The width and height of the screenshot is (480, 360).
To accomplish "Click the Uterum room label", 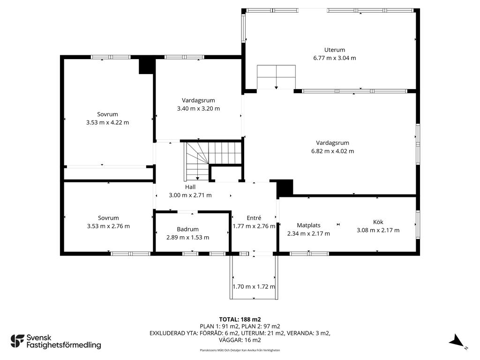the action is (335, 50).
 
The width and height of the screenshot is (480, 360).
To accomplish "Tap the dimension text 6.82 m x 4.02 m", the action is (332, 151).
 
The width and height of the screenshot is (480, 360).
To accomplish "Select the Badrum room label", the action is (187, 229).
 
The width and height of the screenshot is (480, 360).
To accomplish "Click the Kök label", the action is (378, 222).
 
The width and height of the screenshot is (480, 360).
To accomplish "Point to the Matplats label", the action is (308, 225).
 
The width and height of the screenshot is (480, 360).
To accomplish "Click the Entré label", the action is (254, 217).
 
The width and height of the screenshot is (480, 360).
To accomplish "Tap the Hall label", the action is (190, 187).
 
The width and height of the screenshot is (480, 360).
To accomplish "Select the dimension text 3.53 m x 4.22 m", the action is (107, 122).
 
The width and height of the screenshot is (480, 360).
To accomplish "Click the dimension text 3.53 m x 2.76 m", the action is (108, 226).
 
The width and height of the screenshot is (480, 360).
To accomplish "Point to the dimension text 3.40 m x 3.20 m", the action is (198, 108).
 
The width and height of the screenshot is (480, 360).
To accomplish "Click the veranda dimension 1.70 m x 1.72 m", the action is (254, 287).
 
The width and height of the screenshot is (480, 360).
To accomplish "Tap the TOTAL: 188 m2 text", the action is (240, 320).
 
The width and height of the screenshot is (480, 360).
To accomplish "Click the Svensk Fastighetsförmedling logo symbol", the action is (17, 341).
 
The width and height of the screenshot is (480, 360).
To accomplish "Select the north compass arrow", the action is (457, 341).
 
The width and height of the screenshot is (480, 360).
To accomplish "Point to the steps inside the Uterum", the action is (276, 77).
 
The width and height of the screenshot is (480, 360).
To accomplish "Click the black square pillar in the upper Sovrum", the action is (146, 66).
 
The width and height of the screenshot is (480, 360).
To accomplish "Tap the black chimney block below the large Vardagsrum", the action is (285, 188).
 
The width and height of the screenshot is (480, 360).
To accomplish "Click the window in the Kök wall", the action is (418, 224).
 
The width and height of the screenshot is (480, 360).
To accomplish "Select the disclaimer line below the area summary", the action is (240, 350).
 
